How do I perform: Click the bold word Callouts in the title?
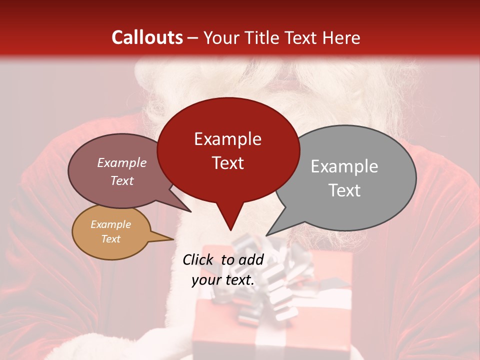click(147, 37)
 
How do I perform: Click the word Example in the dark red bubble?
click(227, 139)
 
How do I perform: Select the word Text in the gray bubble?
click(344, 190)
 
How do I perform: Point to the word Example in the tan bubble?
click(110, 224)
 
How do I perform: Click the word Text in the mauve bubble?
click(122, 180)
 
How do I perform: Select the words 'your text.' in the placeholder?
click(223, 280)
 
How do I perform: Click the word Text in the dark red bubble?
click(227, 163)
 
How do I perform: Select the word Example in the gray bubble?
click(344, 166)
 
